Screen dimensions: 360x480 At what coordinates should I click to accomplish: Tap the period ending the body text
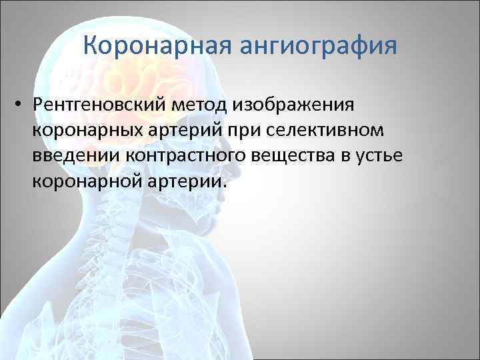[225, 187]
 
